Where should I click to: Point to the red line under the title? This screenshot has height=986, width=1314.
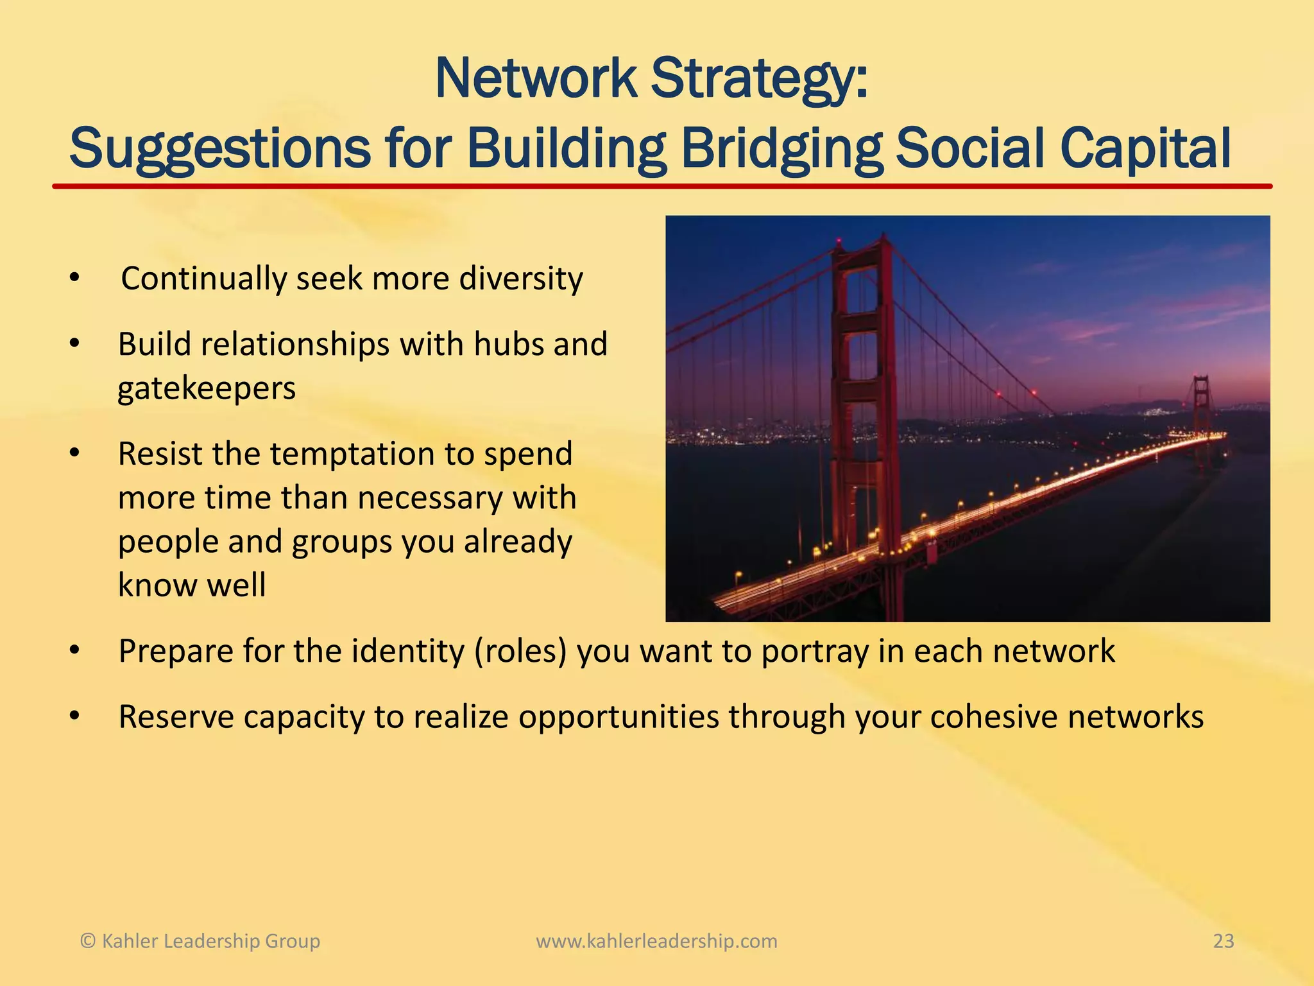coord(661,186)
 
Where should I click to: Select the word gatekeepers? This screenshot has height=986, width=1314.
coord(207,388)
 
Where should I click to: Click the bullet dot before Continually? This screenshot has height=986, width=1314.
coord(74,279)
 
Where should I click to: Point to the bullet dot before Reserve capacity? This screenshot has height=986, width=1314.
coord(74,716)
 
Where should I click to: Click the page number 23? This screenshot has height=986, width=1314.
coord(1224,941)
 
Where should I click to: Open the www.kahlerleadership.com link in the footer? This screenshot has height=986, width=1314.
coord(656,941)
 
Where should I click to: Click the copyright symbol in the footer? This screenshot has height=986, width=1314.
coord(87,941)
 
